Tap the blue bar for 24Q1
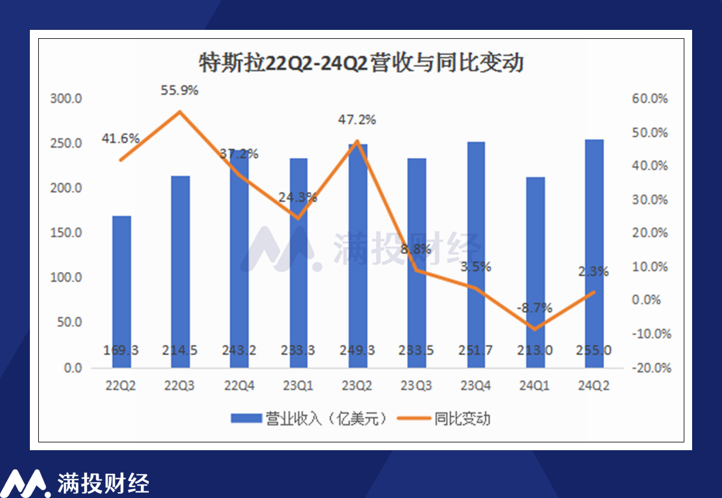click(x=536, y=272)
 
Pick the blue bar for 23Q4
click(x=477, y=255)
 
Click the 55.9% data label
click(x=179, y=91)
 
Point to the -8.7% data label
click(x=534, y=308)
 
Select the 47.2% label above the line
click(x=357, y=120)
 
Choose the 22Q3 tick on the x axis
click(x=180, y=386)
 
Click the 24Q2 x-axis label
click(x=593, y=386)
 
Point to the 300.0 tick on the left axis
click(x=66, y=99)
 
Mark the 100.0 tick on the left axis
click(x=66, y=278)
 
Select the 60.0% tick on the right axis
click(x=650, y=99)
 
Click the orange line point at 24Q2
click(x=593, y=292)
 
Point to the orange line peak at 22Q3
click(x=180, y=112)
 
